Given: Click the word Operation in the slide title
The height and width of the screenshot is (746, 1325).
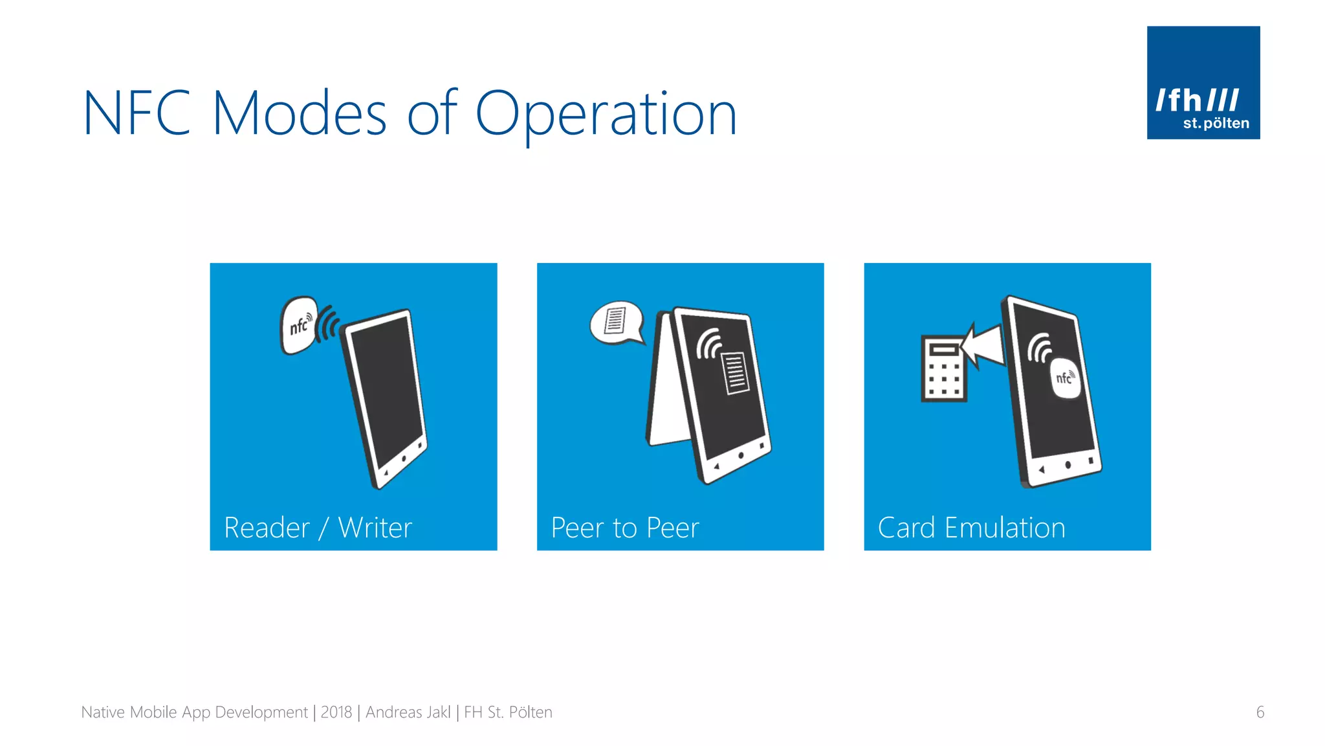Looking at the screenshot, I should click(x=606, y=114).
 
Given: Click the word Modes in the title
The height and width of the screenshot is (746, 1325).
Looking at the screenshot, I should click(x=299, y=114).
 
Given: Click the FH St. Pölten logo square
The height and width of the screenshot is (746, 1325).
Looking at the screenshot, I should click(x=1203, y=82).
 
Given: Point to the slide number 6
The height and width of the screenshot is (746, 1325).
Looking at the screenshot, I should click(x=1260, y=712).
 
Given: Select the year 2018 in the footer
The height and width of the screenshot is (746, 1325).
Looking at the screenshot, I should click(x=336, y=712).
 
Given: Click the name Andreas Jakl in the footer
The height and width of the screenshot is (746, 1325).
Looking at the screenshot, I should click(x=408, y=712).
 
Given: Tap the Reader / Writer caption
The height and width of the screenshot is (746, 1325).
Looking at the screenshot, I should click(x=318, y=528).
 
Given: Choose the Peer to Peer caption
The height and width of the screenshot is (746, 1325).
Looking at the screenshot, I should click(x=625, y=528).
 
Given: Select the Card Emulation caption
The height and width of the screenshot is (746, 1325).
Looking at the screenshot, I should click(x=971, y=528).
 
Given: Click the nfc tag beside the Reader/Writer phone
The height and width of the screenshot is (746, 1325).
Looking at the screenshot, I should click(x=298, y=325).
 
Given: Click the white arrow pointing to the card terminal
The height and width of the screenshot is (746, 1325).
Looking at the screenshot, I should click(x=983, y=345).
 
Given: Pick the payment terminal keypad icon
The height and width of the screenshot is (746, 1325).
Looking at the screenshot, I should click(x=943, y=368).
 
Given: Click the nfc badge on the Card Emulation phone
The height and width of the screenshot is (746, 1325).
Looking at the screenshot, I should click(x=1064, y=378).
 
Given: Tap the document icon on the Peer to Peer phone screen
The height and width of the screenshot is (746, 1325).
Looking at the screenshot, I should click(x=735, y=372).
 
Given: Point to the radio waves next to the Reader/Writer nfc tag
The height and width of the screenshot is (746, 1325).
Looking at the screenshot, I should click(x=327, y=323).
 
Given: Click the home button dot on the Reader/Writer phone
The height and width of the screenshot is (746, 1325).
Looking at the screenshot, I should click(x=404, y=458).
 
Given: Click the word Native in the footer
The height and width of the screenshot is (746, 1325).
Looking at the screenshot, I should click(x=103, y=712).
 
